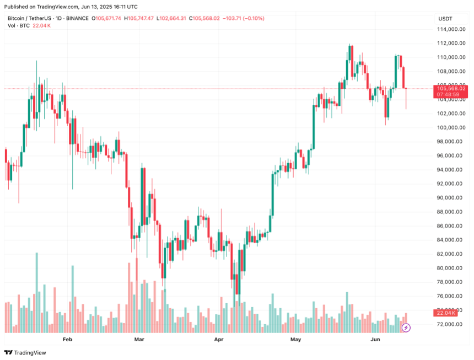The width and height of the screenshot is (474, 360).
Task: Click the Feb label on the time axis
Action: (x=68, y=340)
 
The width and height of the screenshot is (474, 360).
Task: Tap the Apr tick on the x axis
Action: (x=219, y=340)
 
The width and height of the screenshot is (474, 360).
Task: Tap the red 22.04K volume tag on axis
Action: (x=445, y=313)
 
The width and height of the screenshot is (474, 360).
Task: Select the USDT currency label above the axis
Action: (x=445, y=19)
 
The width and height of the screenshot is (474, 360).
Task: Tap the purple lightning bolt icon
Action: (x=406, y=327)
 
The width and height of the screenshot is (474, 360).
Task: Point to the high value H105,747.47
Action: (x=140, y=19)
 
